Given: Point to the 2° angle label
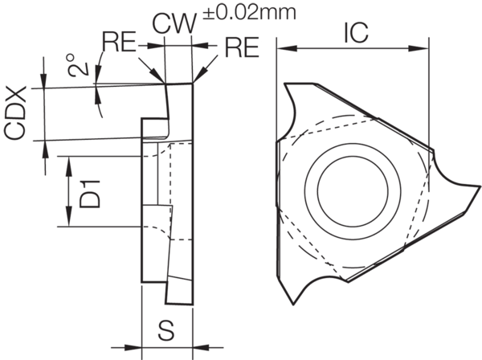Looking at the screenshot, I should point(76,64).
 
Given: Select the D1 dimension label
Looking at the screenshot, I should point(92,192).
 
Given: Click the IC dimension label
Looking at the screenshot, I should point(354,32).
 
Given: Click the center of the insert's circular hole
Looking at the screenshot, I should point(353,190).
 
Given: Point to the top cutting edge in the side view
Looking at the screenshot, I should point(179,83).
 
